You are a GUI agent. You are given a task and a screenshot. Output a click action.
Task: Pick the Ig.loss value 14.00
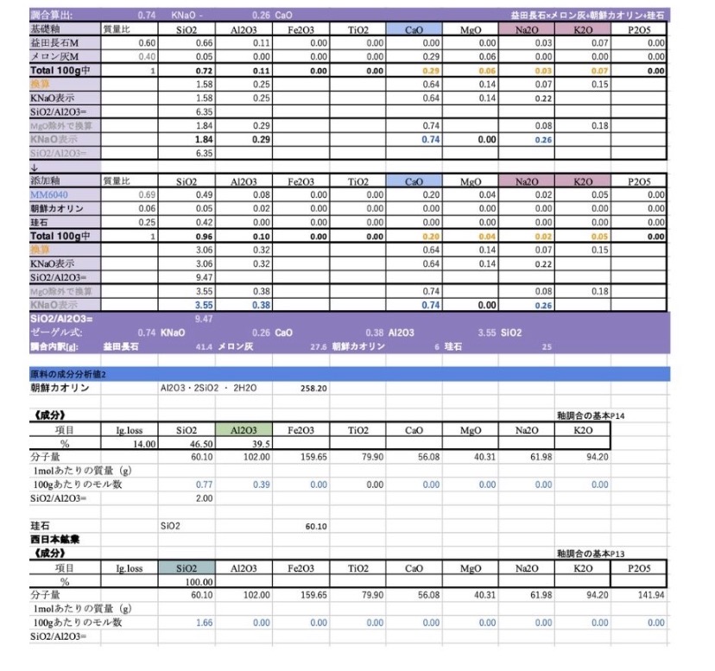pos(143,444)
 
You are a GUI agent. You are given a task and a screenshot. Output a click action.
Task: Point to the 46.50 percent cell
pos(200,444)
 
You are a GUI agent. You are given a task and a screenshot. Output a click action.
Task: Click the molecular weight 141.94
pos(651,595)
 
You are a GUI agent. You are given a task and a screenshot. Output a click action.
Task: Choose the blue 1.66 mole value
pos(205,622)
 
